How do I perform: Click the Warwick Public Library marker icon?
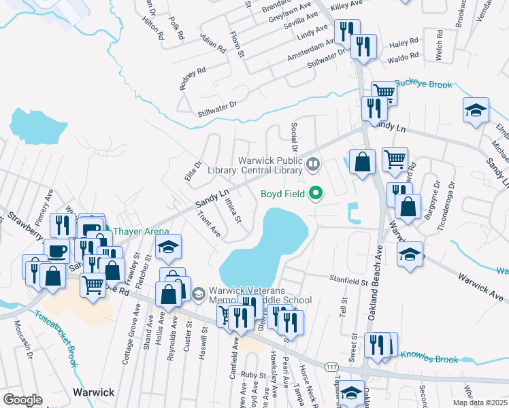[313, 163]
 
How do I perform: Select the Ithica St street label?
[233, 208]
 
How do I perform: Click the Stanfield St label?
[349, 280]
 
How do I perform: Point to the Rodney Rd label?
[192, 73]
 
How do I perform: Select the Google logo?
[22, 400]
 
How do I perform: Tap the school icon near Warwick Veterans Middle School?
[199, 294]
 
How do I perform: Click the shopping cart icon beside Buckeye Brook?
[384, 92]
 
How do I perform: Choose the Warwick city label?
[93, 392]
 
